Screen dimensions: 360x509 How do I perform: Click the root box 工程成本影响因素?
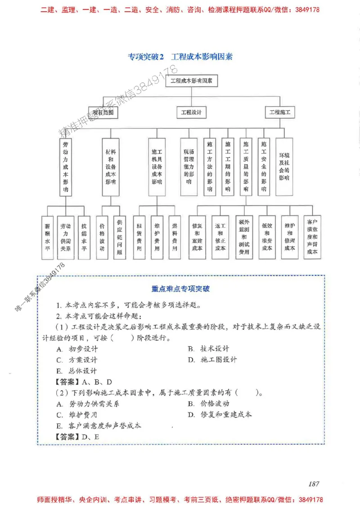(x=192, y=81)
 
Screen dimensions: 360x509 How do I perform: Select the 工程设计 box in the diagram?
(x=191, y=112)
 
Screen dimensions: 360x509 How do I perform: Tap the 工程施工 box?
(x=279, y=112)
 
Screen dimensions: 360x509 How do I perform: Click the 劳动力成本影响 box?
(x=66, y=166)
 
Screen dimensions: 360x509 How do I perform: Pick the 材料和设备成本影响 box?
(x=110, y=166)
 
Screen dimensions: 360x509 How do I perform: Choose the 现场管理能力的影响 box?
(x=188, y=166)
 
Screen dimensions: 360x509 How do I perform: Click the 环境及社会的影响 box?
(x=284, y=166)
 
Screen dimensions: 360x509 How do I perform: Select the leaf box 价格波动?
(x=102, y=237)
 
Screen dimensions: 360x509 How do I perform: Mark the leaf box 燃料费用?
(x=174, y=237)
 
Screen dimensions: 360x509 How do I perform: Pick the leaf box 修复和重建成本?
(x=197, y=237)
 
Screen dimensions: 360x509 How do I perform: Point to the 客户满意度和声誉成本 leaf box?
(x=312, y=237)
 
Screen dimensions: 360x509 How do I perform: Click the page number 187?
(x=314, y=484)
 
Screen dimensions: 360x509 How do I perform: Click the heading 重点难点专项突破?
(x=180, y=289)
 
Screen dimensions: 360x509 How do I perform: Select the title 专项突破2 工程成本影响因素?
(x=180, y=57)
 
